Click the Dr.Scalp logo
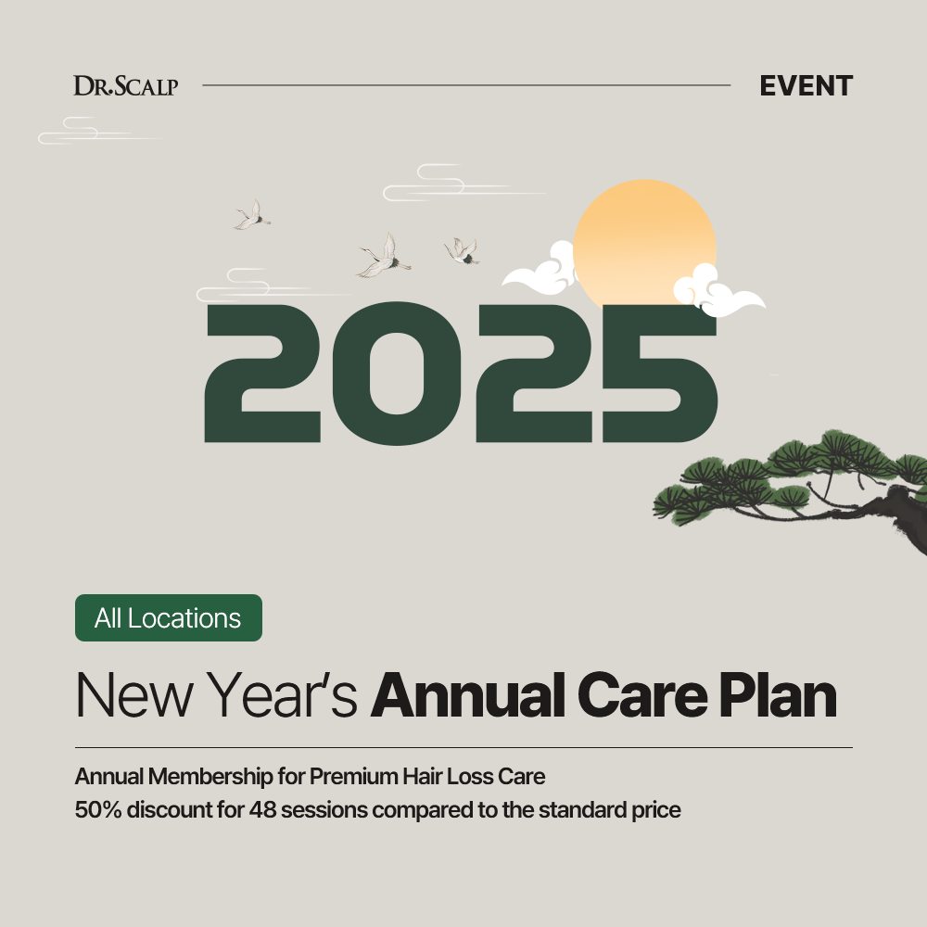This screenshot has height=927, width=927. (x=125, y=85)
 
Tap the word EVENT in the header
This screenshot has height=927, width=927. (x=806, y=86)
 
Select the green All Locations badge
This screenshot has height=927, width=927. (x=169, y=617)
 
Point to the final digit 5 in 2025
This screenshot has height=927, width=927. (x=660, y=374)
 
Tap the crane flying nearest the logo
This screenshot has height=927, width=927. (x=253, y=215)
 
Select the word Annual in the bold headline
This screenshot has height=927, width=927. (x=467, y=695)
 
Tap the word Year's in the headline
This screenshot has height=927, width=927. (x=282, y=695)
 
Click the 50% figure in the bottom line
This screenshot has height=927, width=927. (x=98, y=809)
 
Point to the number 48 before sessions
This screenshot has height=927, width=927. (x=262, y=809)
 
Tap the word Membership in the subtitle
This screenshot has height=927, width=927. (x=210, y=777)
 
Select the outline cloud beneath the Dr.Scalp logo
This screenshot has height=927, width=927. (x=100, y=131)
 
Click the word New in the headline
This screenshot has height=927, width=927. (x=134, y=695)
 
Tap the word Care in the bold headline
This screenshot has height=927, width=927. (x=642, y=695)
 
